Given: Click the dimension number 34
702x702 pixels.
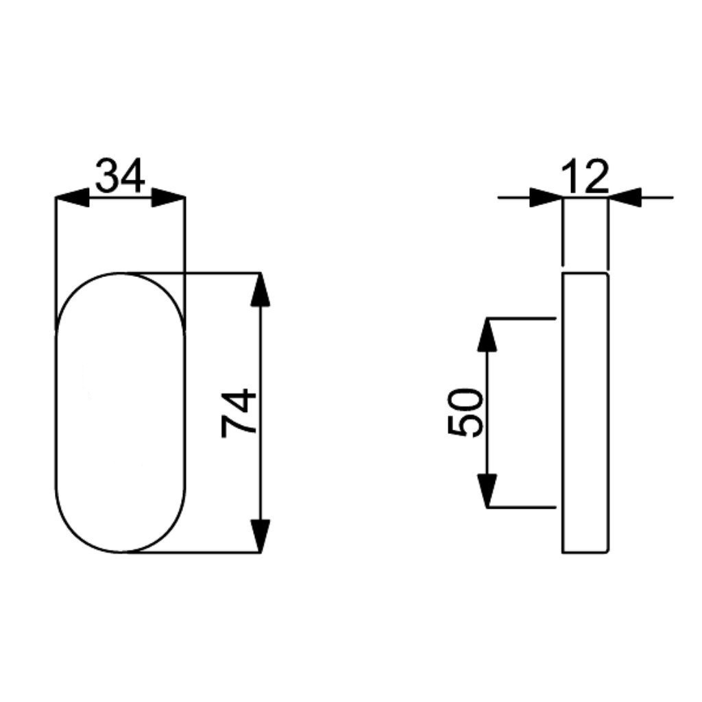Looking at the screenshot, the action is coord(121,175).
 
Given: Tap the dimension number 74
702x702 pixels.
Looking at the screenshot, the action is coord(239,413).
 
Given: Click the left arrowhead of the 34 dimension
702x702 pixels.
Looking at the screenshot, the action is coord(73,197).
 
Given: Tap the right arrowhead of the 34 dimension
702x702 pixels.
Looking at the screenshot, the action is coord(169,197).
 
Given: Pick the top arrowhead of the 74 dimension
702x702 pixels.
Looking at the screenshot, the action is coord(261,290).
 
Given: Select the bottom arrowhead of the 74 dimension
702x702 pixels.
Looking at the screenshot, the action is coord(261,536).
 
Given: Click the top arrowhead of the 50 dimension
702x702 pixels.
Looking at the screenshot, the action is coord(487,335).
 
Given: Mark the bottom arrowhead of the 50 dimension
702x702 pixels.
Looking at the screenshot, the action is coord(487,491).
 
